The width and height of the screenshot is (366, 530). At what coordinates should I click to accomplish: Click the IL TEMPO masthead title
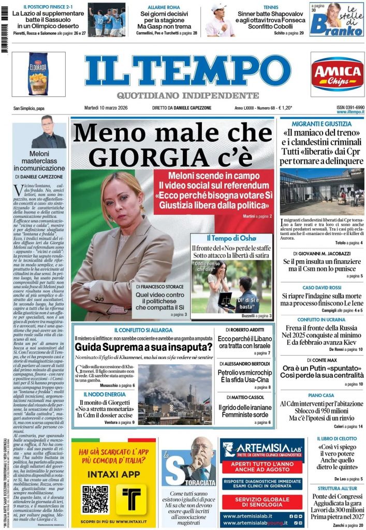coord(187,71)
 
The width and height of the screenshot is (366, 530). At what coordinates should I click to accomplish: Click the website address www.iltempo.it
coord(350,112)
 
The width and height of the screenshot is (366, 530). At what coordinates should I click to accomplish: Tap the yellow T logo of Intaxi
coord(130,498)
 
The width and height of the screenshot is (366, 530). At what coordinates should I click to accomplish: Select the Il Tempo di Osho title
coord(231,238)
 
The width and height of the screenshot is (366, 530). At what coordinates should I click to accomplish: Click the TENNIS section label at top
coord(271,8)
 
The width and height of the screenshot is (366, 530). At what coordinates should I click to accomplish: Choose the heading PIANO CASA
coord(321,394)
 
